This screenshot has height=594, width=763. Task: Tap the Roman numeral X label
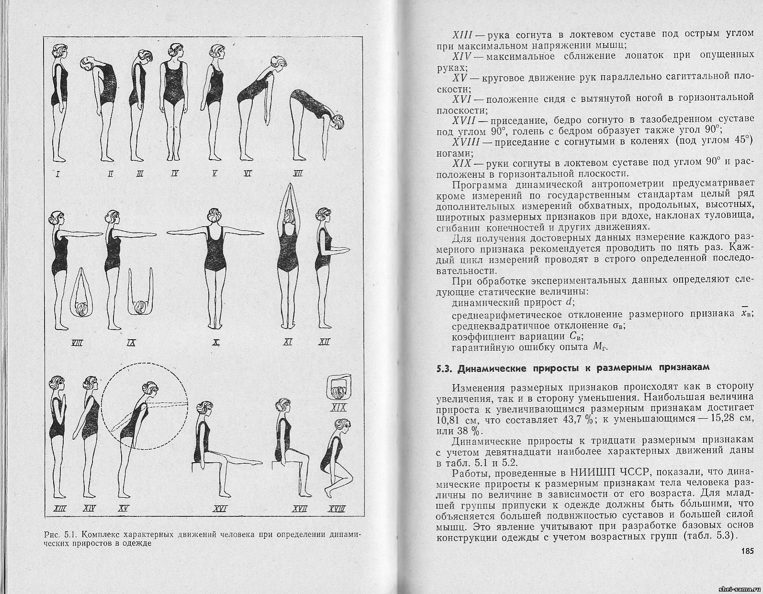(x=216, y=342)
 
